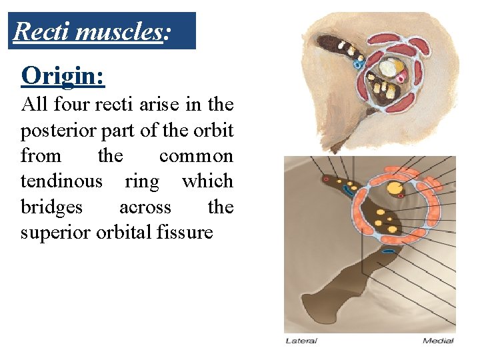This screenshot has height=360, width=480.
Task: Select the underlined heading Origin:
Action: (63, 76)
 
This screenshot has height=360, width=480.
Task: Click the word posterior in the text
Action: (51, 130)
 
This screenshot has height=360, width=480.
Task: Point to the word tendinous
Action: (61, 181)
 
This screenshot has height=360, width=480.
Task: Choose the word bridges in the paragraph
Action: (51, 207)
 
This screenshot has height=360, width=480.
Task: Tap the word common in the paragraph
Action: (196, 156)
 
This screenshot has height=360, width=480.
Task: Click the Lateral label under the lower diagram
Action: (301, 341)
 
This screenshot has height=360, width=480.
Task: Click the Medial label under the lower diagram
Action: (438, 341)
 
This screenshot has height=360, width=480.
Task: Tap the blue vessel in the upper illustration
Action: (357, 65)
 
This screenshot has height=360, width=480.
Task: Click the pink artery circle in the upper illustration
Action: (401, 78)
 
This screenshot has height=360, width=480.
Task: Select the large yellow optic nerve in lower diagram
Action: (395, 189)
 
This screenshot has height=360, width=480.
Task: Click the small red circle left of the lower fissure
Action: (326, 179)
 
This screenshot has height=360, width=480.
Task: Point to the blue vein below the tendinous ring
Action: (388, 251)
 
